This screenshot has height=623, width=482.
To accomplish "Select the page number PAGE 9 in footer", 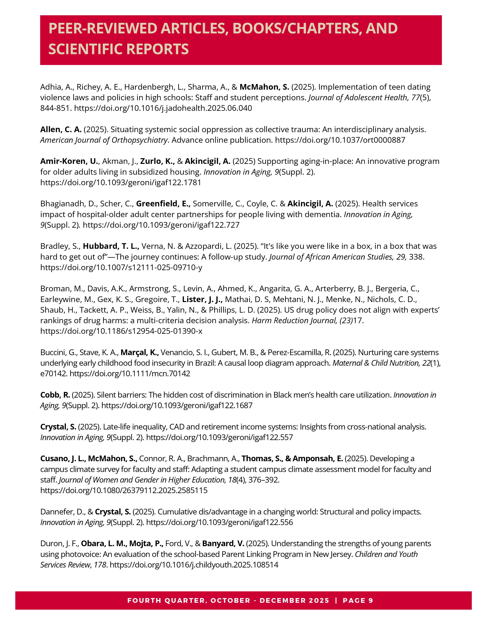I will (358, 601).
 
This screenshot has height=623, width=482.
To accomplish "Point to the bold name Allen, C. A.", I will (61, 130).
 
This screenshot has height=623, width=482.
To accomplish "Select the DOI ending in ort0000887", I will (340, 140).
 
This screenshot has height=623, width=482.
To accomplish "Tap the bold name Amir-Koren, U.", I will (69, 161).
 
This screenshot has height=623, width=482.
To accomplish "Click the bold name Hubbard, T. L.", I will (111, 246).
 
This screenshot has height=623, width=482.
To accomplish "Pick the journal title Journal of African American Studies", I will (331, 257).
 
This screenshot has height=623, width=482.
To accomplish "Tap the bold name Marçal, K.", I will (139, 353).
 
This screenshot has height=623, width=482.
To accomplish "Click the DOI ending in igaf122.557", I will (219, 437).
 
